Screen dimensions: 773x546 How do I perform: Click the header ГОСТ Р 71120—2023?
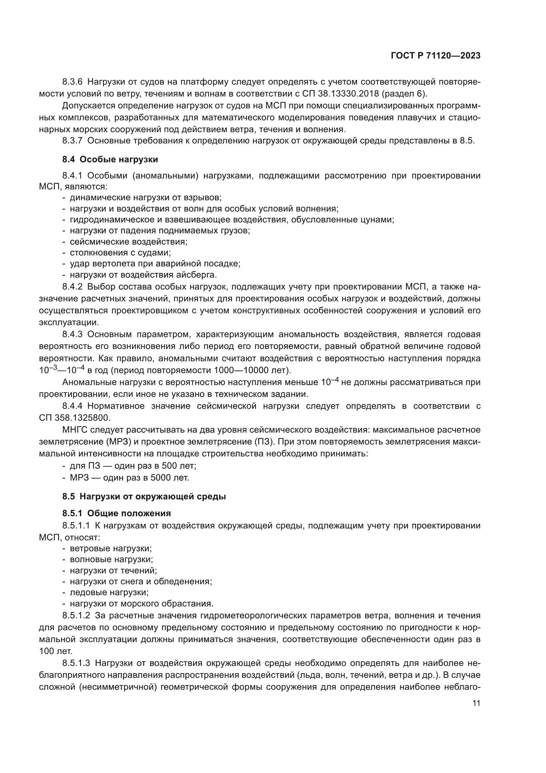pyautogui.click(x=435, y=56)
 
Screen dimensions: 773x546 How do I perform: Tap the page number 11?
pyautogui.click(x=476, y=703)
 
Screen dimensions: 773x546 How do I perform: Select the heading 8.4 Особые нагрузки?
pyautogui.click(x=110, y=159)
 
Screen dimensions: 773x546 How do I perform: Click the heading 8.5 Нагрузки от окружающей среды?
pyautogui.click(x=144, y=496)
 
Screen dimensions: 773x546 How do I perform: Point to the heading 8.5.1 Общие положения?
pyautogui.click(x=116, y=513)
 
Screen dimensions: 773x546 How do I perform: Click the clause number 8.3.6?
pyautogui.click(x=72, y=82)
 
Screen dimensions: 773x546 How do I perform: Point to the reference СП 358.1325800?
pyautogui.click(x=75, y=418)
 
